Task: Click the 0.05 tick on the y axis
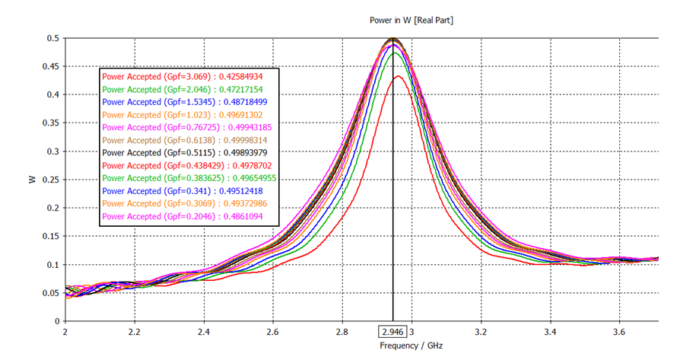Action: tap(49, 293)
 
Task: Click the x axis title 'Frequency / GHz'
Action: tap(411, 346)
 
